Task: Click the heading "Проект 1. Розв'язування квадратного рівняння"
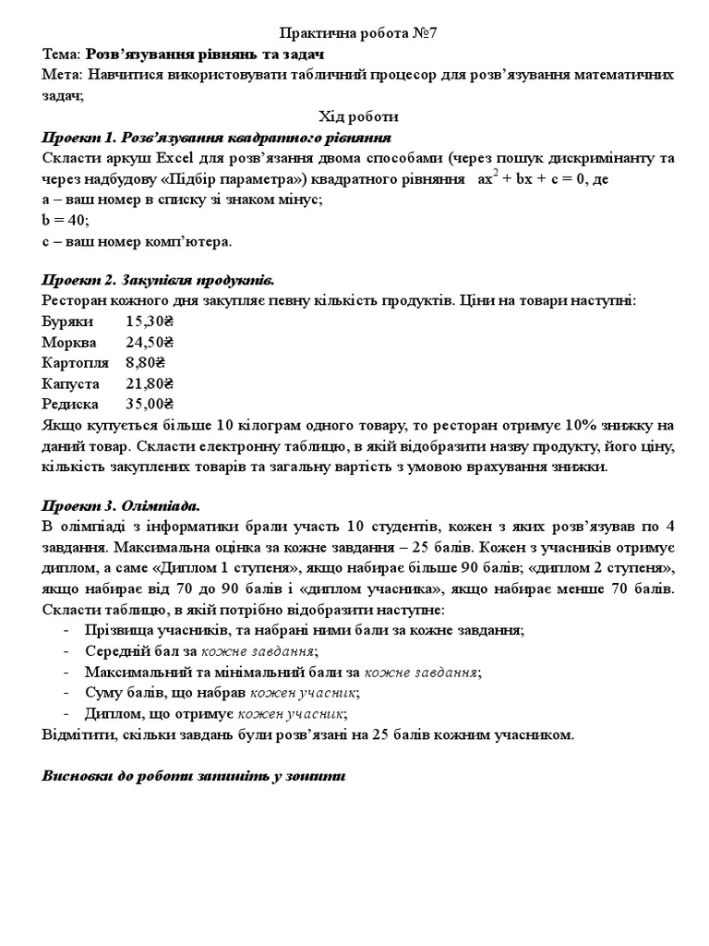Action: point(217,138)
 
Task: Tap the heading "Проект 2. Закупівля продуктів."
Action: point(158,280)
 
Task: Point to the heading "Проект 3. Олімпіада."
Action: point(121,505)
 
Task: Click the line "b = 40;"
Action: point(66,220)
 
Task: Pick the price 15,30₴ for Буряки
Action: point(150,321)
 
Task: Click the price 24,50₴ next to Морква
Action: point(150,342)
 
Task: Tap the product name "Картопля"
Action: point(75,362)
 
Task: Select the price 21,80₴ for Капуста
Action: point(150,382)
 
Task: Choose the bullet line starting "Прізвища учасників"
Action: point(304,630)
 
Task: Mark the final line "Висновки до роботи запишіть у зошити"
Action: point(194,775)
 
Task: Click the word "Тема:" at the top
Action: point(63,54)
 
